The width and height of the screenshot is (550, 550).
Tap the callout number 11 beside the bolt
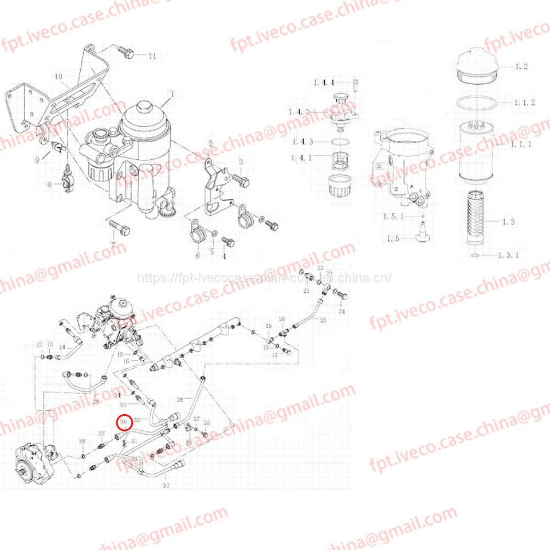(x=151, y=56)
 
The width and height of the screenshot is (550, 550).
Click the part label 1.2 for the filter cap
(x=521, y=67)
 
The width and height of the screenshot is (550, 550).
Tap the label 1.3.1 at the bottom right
(x=508, y=255)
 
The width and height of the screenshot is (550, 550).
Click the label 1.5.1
(x=394, y=217)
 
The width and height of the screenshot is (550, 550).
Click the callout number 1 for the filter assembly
(x=171, y=93)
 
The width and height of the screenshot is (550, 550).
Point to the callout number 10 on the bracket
(x=58, y=76)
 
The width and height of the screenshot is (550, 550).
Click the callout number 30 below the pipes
(x=166, y=486)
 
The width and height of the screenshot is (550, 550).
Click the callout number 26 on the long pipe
(x=180, y=399)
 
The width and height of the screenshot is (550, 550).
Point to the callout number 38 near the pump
(x=81, y=441)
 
